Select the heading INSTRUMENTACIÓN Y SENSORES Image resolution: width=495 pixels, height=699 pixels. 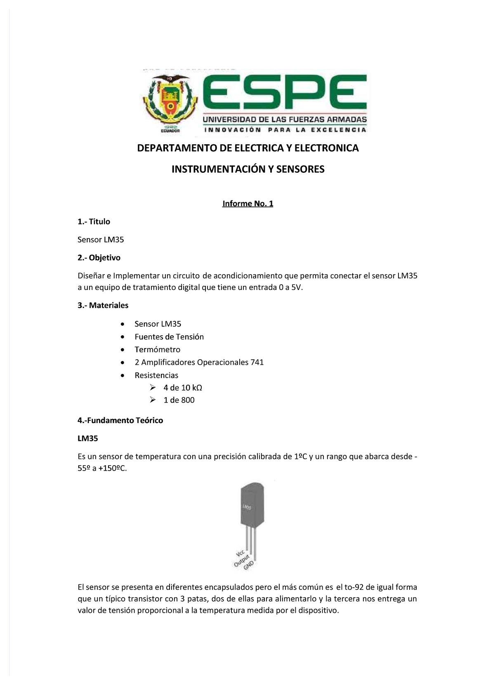click(248, 169)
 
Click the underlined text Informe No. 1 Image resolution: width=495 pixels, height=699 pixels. click(247, 203)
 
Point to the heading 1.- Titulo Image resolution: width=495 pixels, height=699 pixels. click(94, 222)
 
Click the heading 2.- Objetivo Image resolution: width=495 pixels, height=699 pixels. click(99, 258)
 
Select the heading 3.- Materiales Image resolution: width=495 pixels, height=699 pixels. click(103, 306)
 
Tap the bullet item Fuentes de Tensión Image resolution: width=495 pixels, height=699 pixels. click(169, 337)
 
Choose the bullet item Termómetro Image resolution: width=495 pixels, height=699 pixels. click(157, 350)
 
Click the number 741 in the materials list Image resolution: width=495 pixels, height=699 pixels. click(257, 362)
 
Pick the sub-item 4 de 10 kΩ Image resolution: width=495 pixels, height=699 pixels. click(183, 388)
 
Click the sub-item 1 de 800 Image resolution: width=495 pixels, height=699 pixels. click(179, 400)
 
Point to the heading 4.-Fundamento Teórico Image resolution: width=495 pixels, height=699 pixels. click(120, 421)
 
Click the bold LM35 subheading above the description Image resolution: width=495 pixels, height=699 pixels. click(87, 439)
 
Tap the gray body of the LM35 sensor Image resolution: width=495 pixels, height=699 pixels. click(251, 505)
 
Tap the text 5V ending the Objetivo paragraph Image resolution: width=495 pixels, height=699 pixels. click(297, 288)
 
